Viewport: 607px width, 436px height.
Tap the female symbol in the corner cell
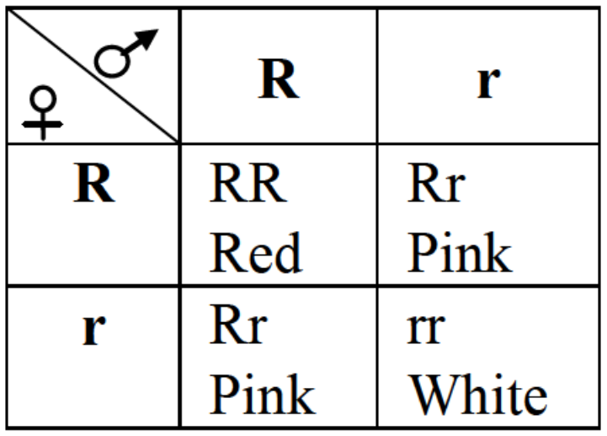coord(43,113)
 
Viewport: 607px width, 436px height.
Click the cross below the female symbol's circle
coord(43,125)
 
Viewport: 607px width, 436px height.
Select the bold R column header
coord(279,78)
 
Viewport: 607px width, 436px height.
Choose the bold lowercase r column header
coord(488,83)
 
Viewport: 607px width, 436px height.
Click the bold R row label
coord(94,182)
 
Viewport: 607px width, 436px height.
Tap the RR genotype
coord(248,182)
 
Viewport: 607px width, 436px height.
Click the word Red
coord(255,252)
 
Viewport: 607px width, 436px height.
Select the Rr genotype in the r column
coord(436,182)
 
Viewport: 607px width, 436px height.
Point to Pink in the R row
coord(460,252)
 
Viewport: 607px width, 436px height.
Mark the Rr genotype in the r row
coord(238,325)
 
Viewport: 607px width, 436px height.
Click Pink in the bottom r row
coord(263,394)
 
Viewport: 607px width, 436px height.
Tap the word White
coord(477,394)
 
